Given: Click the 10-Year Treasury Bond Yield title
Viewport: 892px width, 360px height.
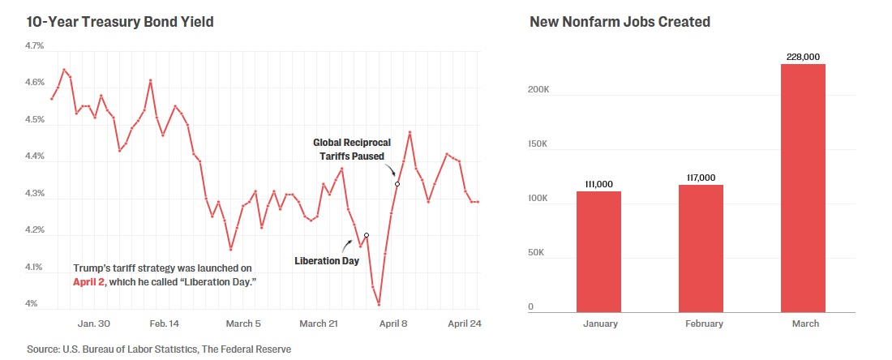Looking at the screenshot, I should click(120, 22).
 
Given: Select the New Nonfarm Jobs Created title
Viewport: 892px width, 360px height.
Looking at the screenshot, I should click(620, 22).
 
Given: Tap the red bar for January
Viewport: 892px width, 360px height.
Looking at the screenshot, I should click(598, 251).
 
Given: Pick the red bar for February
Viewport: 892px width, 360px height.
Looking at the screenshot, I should click(701, 248).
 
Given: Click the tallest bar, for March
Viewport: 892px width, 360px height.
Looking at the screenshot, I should click(803, 187).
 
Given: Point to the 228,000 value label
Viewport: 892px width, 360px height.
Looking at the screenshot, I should click(803, 56).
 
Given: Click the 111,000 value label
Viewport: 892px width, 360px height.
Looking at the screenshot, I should click(598, 183).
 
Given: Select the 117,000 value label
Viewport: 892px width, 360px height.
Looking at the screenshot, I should click(701, 177).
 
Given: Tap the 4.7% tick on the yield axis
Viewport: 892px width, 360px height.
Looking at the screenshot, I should click(35, 46).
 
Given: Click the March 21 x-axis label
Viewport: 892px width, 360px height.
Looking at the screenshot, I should click(318, 324).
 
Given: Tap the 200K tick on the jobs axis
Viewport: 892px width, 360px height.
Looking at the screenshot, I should click(539, 90).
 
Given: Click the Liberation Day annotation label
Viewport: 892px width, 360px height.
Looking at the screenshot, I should click(327, 261).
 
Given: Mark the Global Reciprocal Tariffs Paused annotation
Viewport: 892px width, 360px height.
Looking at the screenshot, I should click(349, 149).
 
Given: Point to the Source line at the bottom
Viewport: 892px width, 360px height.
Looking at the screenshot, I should click(159, 349).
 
